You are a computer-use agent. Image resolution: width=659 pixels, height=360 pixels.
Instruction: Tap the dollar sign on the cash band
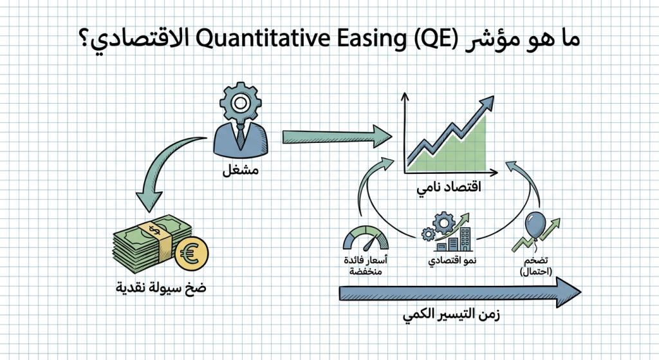pos(153,229)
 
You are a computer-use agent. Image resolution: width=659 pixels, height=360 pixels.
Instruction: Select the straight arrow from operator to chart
pos(335,137)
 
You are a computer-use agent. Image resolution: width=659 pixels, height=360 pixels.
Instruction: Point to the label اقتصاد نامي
pos(451,189)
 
